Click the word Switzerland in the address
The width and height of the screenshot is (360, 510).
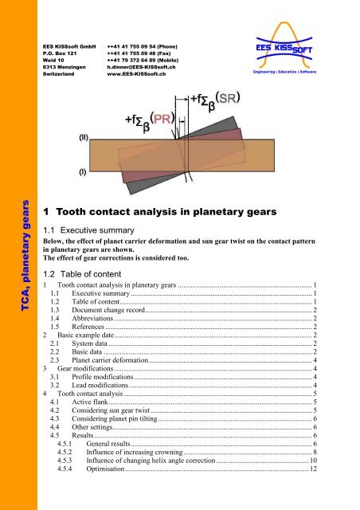[60, 75]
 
